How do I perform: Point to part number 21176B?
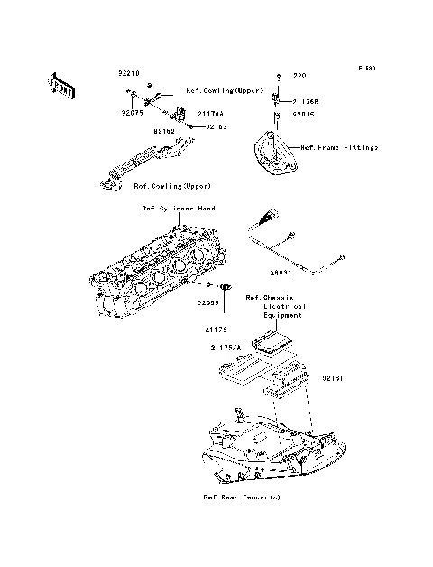click(x=306, y=101)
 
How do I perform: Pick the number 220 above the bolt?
click(x=300, y=78)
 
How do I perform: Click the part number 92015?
click(x=303, y=116)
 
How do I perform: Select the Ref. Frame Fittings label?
click(x=339, y=146)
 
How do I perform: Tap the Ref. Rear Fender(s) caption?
click(x=240, y=497)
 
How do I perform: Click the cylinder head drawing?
click(x=162, y=271)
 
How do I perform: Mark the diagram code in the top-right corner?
click(x=365, y=68)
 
